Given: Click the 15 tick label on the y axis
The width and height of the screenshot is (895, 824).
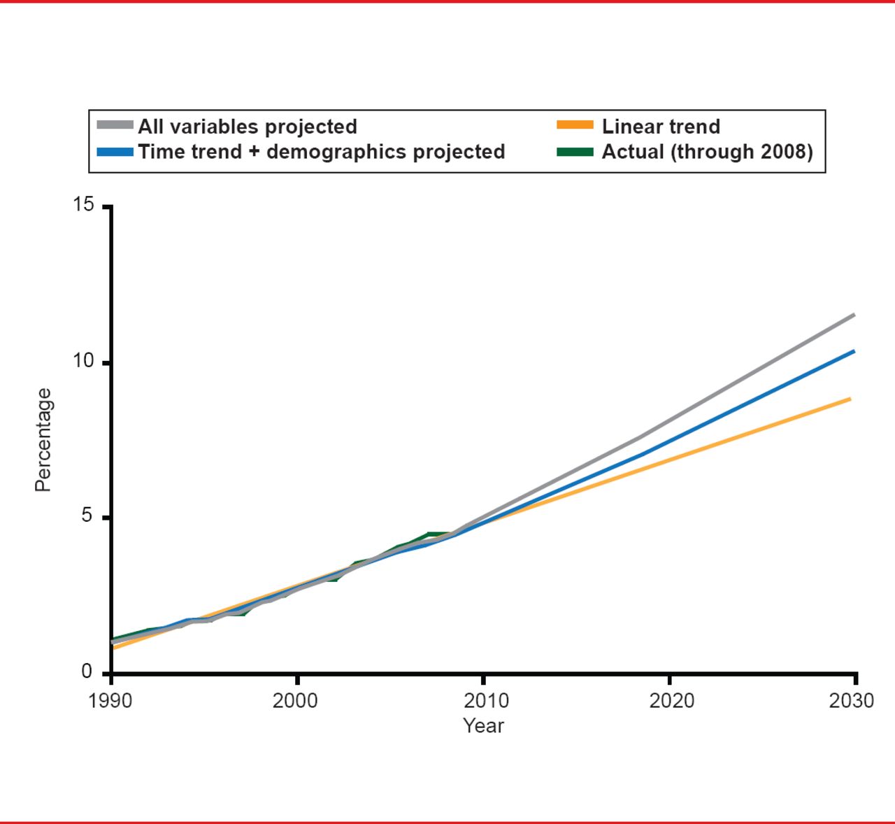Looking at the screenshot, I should (x=83, y=205).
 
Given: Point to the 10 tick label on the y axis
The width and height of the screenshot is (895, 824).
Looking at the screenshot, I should (x=83, y=361).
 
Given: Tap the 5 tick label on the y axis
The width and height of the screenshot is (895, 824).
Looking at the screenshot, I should (x=87, y=516).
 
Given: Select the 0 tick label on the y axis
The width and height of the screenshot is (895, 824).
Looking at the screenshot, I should (x=87, y=672).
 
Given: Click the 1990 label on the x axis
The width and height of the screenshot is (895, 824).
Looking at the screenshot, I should (x=110, y=701).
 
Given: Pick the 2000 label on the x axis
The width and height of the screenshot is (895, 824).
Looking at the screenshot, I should (x=296, y=701).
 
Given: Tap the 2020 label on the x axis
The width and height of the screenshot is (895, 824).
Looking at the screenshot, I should (x=671, y=701).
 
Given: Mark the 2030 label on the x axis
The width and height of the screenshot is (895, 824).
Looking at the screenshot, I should (x=851, y=701).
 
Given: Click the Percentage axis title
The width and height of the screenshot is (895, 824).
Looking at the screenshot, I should (x=43, y=439).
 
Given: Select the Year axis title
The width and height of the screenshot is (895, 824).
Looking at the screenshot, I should (x=483, y=725).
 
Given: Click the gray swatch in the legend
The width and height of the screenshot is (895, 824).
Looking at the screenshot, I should (x=115, y=126).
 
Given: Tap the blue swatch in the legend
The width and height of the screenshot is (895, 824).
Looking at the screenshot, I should (x=115, y=152).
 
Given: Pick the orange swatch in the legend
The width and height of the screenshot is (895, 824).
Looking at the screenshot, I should (x=575, y=126).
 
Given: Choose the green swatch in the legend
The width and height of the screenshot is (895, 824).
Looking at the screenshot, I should (x=575, y=152).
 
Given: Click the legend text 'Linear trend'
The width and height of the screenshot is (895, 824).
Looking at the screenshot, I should (x=661, y=127).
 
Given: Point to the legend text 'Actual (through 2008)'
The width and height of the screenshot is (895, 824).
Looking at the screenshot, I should (x=707, y=152).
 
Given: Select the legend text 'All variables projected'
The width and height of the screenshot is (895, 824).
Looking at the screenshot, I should (x=248, y=127).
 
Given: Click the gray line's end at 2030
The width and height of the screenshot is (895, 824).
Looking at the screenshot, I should (x=854, y=315).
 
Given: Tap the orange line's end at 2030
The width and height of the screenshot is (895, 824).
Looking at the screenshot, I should (x=850, y=399).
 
